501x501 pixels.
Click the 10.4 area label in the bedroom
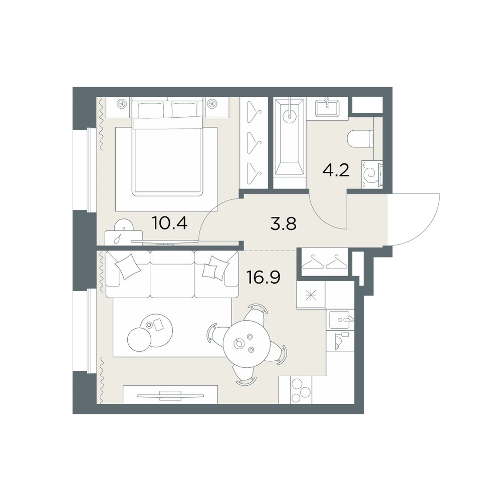(170, 223)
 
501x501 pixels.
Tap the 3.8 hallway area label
(284, 223)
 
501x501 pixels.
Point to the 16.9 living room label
(264, 277)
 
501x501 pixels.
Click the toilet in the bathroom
(360, 139)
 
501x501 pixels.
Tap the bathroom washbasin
(328, 108)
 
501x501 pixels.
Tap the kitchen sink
(342, 320)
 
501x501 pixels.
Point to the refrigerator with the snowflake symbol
(311, 295)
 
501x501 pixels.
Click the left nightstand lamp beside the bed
(121, 104)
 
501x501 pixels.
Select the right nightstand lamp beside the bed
(210, 104)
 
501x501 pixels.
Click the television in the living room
(170, 395)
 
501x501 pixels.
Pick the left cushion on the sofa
(128, 267)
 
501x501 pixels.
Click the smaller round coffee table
(140, 340)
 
